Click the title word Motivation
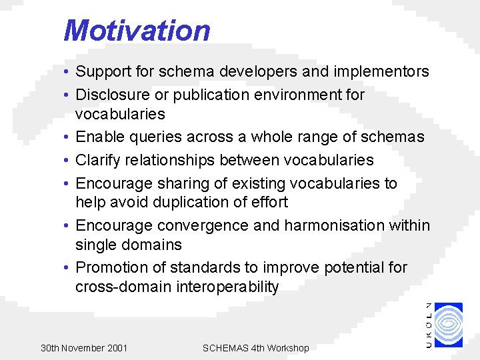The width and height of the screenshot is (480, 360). click(137, 31)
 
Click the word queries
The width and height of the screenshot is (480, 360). click(157, 137)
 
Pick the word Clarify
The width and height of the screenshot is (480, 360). click(98, 160)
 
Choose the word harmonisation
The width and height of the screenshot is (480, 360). click(337, 225)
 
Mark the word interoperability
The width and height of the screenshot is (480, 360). click(225, 287)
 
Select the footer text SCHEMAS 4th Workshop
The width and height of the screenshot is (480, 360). click(255, 348)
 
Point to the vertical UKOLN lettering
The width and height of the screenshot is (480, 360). click(428, 324)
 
